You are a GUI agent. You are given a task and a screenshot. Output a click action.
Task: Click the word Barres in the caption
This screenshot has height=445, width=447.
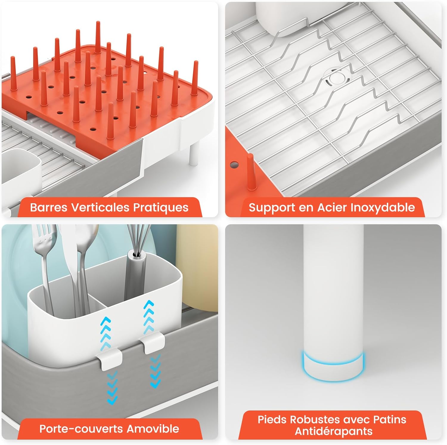[x=49, y=207]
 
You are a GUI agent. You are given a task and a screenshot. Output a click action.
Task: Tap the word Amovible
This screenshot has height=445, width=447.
[x=153, y=429]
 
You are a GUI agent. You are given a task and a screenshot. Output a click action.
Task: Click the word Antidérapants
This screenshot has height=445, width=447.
[x=333, y=431]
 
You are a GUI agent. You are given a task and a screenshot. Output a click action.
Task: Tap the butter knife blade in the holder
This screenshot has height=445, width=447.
[x=69, y=253]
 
